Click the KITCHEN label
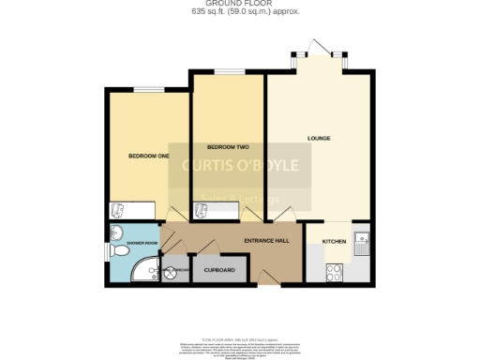click(x=334, y=242)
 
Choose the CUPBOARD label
click(x=219, y=271)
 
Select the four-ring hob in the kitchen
click(x=334, y=272)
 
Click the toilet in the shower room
click(x=115, y=234)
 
